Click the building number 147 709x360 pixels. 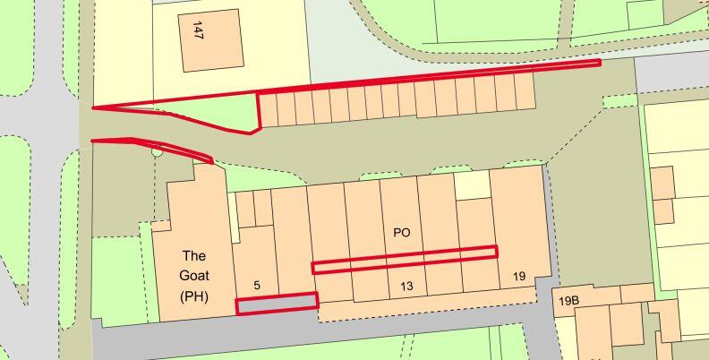[x=198, y=30]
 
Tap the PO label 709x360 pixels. [x=401, y=233]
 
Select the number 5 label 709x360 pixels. [x=257, y=286]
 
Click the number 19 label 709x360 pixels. [x=519, y=277]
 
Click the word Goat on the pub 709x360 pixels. [x=193, y=276]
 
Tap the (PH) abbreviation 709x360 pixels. [x=193, y=296]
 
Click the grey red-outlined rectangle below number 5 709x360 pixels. [x=277, y=304]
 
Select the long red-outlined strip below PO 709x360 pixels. [x=404, y=259]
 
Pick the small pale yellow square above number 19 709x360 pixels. [x=472, y=185]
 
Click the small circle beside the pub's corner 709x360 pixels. [x=158, y=152]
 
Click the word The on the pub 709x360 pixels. [x=193, y=255]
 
